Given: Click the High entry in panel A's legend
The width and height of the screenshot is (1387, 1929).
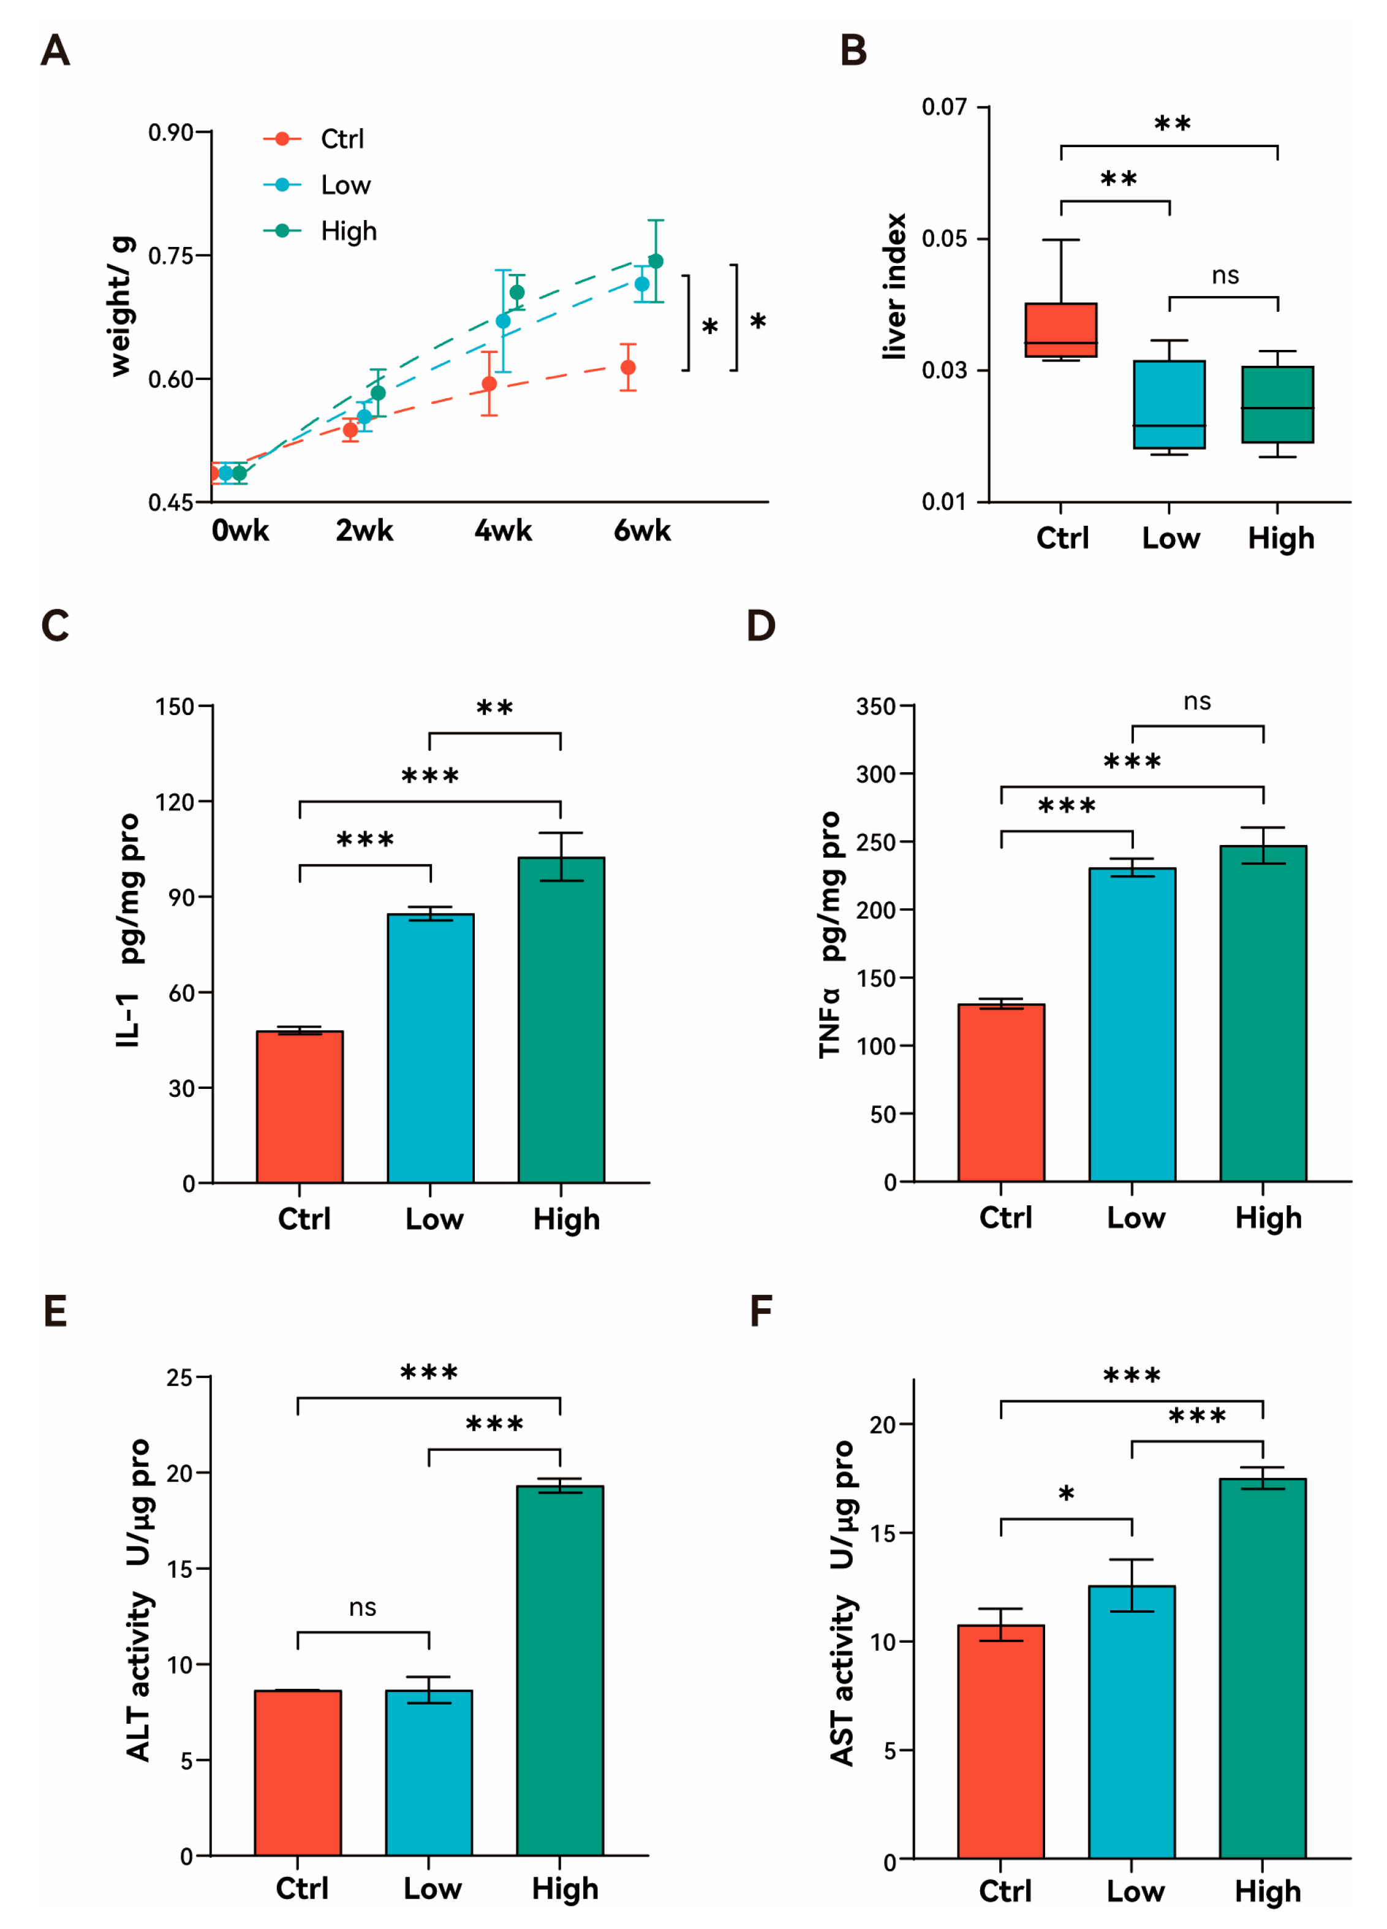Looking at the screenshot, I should pyautogui.click(x=348, y=232).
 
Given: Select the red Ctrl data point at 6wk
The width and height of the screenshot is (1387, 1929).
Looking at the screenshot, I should pyautogui.click(x=627, y=368).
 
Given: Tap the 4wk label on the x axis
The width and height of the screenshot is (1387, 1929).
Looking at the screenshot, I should pyautogui.click(x=502, y=531).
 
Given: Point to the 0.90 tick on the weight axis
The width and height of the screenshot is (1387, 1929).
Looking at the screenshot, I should pyautogui.click(x=170, y=133).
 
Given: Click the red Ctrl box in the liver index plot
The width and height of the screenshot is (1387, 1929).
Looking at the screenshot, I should pyautogui.click(x=1060, y=330).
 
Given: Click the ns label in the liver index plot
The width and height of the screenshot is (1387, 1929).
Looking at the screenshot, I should pyautogui.click(x=1225, y=276).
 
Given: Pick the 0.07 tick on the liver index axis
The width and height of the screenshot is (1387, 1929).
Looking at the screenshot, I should pyautogui.click(x=944, y=107).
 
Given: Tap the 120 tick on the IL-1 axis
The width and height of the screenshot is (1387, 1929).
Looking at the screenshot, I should pyautogui.click(x=175, y=802).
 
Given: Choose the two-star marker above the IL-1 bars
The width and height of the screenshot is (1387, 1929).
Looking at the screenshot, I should pyautogui.click(x=494, y=708).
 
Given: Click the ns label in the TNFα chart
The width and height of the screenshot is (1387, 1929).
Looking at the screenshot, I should pyautogui.click(x=1196, y=702).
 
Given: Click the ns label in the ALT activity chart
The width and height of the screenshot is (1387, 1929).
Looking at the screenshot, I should pyautogui.click(x=362, y=1607).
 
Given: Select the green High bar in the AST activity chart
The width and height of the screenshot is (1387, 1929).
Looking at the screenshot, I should pyautogui.click(x=1262, y=1667).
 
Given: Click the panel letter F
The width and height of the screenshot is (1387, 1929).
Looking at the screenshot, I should pyautogui.click(x=761, y=1311).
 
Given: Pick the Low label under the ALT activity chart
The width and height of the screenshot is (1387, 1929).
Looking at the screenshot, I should pyautogui.click(x=432, y=1888).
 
